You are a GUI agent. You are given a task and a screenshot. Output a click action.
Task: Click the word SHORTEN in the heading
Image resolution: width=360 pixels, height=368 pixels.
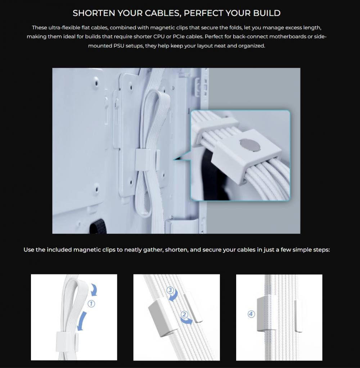pyautogui.click(x=94, y=13)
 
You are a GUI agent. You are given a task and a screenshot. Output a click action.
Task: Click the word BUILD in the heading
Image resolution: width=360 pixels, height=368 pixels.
pyautogui.click(x=267, y=13)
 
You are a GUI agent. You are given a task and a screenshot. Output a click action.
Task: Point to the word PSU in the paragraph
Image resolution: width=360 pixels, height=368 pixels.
pyautogui.click(x=118, y=46)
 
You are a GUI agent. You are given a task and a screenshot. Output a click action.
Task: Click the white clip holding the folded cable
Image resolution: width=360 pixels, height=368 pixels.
pyautogui.click(x=144, y=160)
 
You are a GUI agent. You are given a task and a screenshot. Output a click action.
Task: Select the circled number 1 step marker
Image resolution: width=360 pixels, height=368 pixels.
pyautogui.click(x=91, y=304)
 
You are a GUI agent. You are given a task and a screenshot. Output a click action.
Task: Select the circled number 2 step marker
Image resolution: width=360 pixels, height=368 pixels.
pyautogui.click(x=184, y=314)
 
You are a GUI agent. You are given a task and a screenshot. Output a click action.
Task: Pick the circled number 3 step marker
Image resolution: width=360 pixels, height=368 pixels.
pyautogui.click(x=170, y=290)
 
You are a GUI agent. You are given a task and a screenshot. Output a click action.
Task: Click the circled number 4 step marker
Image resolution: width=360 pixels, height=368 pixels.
pyautogui.click(x=251, y=314)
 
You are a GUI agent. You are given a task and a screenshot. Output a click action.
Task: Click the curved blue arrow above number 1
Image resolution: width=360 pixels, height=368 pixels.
pyautogui.click(x=94, y=289)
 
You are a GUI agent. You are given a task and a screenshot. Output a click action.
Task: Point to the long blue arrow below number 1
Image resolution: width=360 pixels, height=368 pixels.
pyautogui.click(x=81, y=321)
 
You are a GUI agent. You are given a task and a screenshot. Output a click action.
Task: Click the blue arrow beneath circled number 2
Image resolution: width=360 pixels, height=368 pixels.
pyautogui.click(x=186, y=321)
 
